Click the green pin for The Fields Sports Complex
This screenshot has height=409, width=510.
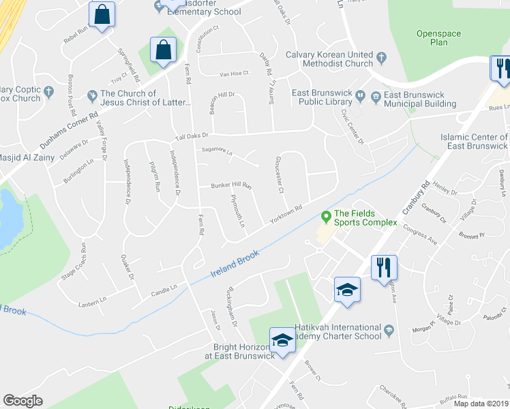326,217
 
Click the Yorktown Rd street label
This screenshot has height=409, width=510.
286,215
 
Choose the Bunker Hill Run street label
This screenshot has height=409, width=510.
232,185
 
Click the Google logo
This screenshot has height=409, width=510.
22,401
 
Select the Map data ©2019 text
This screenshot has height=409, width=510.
481,404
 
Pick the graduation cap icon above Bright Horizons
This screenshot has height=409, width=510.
282,338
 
